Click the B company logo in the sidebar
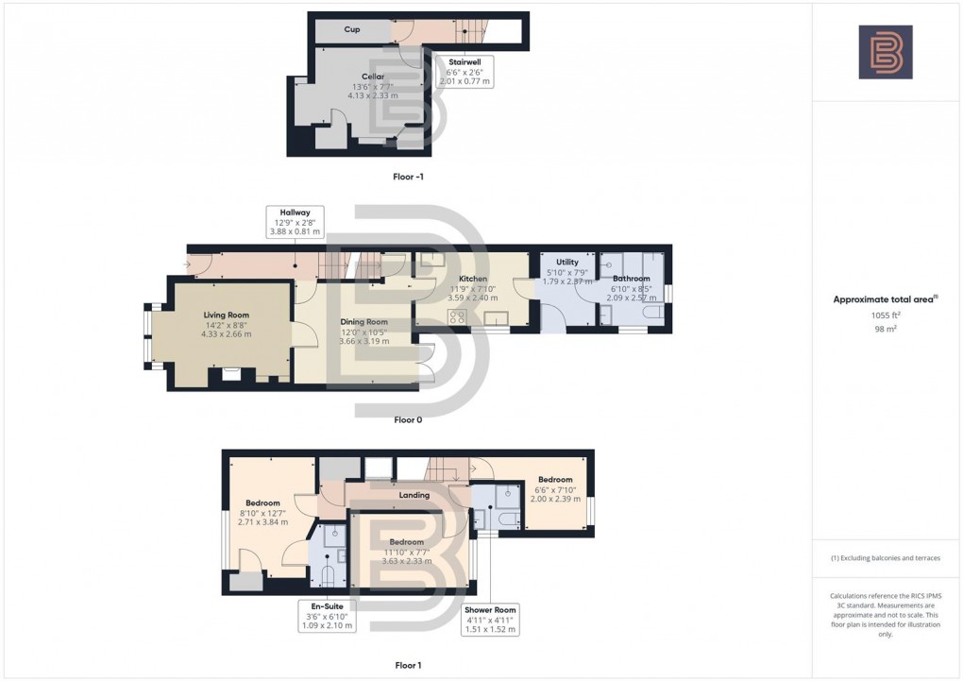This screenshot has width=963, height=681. coord(885,52)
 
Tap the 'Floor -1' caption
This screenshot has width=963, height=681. coord(408,177)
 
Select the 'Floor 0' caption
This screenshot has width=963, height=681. coord(408,419)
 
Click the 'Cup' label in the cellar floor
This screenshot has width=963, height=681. coord(351,29)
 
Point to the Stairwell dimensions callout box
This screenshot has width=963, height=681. coord(465,72)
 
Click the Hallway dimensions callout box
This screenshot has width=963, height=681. coord(296,222)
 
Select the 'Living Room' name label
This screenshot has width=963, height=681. coord(227,315)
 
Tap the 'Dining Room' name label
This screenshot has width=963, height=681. coord(364,322)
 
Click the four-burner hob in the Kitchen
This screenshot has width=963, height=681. coord(460,317)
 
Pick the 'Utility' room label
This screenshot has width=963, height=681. coord(566,262)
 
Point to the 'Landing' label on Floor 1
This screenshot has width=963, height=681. coord(414,495)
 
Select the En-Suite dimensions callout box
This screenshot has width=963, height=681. coord(326,615)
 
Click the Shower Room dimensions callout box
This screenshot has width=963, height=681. coord(489,619)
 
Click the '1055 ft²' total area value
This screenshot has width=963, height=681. coord(885,315)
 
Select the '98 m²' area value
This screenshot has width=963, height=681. coord(885,328)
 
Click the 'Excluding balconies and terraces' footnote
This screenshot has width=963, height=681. coord(885,558)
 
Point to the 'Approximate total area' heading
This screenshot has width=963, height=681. coord(885,299)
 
